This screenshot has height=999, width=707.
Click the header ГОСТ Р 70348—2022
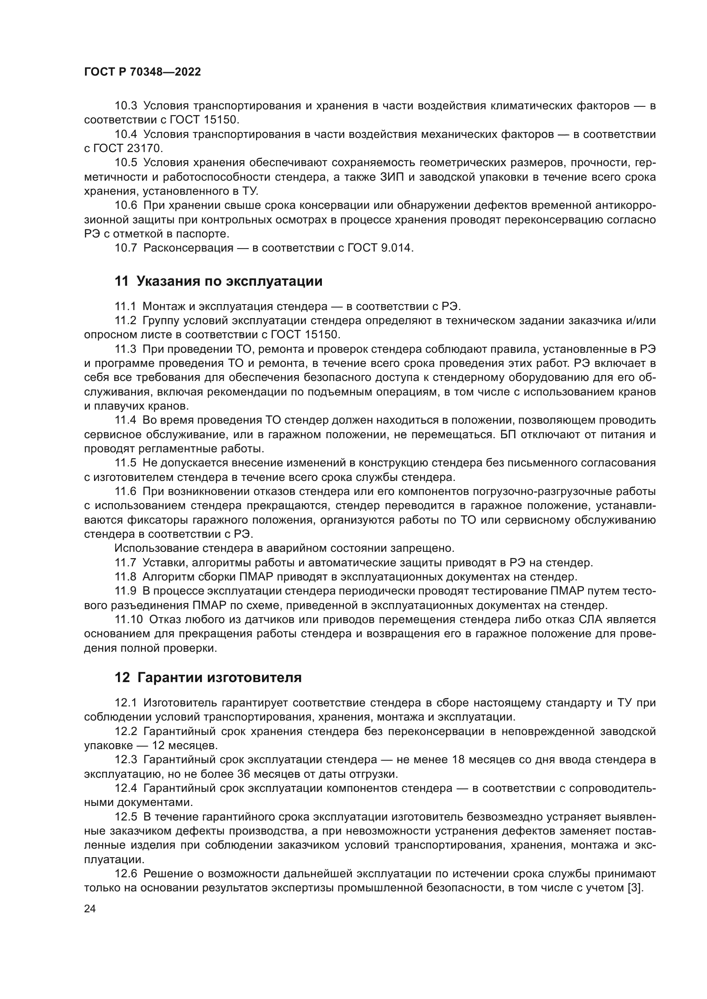[x=142, y=72]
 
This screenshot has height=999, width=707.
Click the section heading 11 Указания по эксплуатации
[x=218, y=281]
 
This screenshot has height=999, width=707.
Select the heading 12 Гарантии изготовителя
[x=208, y=677]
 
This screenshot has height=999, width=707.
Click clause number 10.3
[x=126, y=106]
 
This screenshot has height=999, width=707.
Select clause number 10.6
[x=126, y=205]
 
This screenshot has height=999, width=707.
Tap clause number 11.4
[x=125, y=420]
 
